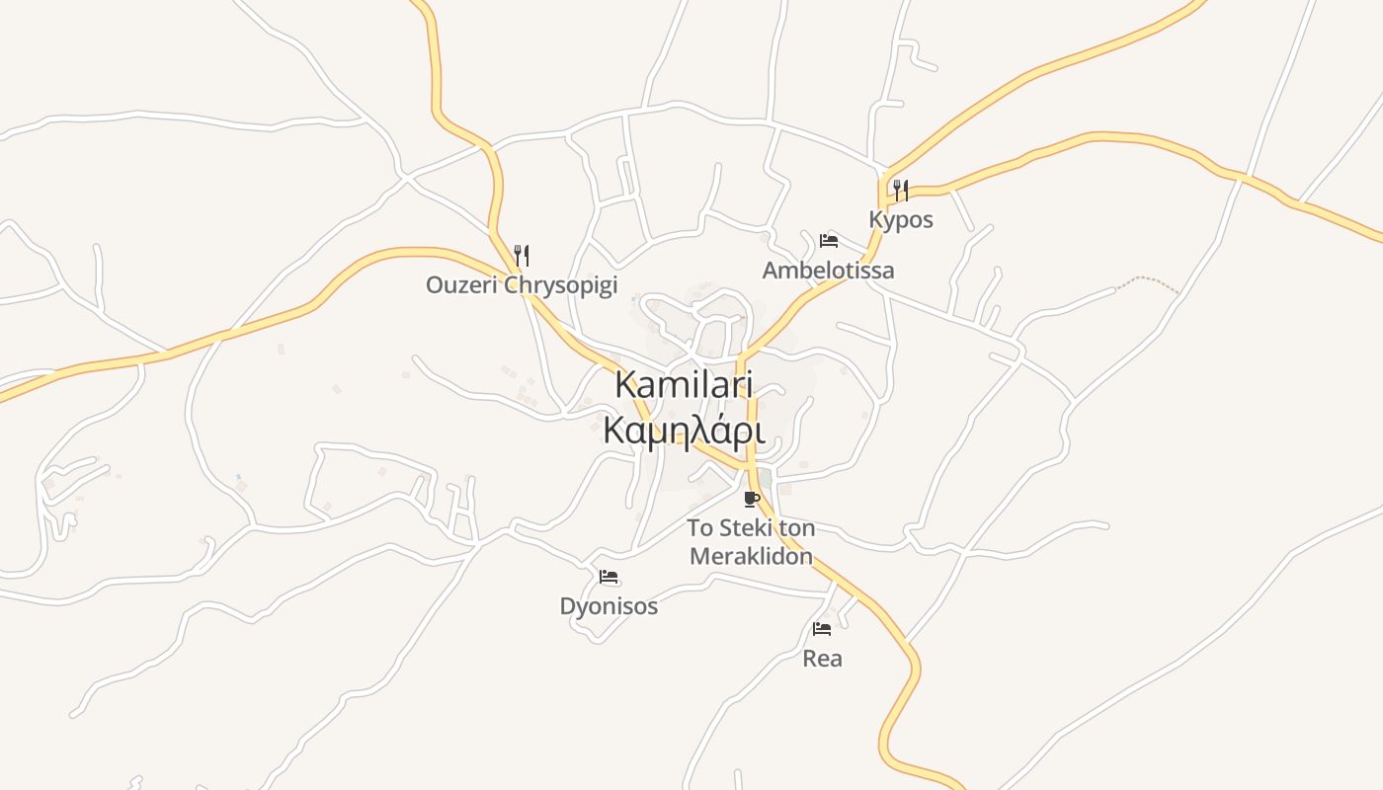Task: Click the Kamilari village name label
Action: point(684,384)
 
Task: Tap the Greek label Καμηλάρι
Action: point(684,431)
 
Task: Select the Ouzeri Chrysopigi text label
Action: point(522,285)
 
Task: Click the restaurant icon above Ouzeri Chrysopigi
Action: point(522,256)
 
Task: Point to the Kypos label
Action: point(901,219)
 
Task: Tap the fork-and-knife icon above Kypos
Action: point(901,190)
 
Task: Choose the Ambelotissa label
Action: point(828,270)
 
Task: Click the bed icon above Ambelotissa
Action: point(829,241)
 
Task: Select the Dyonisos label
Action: point(609,605)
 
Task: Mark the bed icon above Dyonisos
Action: point(609,577)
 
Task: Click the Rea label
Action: point(822,658)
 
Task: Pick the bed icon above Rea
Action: point(822,629)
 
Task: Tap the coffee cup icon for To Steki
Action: point(752,499)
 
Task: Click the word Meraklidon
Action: point(751,556)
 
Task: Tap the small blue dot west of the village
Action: point(238,478)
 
